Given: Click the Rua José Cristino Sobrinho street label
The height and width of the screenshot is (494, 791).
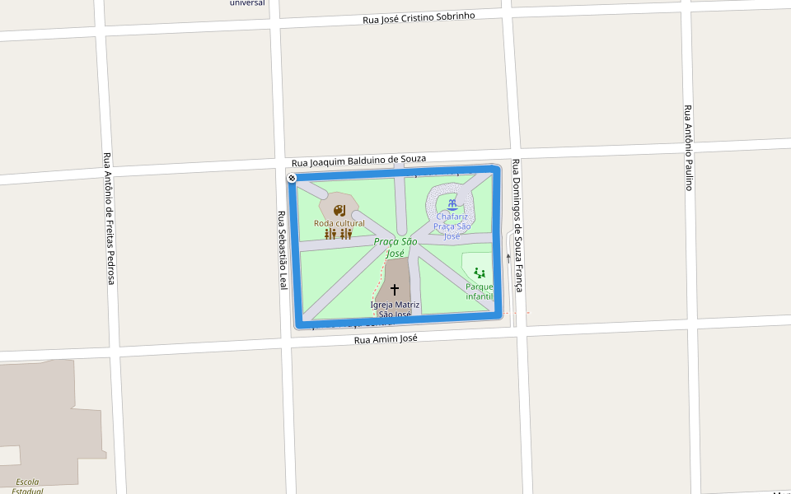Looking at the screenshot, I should (419, 17).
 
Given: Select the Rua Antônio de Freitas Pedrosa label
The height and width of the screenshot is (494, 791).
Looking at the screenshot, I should (108, 219).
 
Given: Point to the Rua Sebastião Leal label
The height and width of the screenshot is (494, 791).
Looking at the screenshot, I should (283, 250).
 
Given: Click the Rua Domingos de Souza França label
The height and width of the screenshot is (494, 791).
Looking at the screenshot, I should (517, 226).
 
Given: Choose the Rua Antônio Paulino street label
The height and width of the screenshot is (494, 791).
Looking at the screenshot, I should (688, 147).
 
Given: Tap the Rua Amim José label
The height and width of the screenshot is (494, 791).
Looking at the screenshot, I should (386, 338).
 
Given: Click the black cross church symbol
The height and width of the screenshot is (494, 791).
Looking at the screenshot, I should (395, 290).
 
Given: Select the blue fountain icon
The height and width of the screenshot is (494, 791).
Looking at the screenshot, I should (452, 203).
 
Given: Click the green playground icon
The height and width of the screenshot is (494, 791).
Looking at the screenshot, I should (480, 273).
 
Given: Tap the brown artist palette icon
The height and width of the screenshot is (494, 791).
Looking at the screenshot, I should (339, 211).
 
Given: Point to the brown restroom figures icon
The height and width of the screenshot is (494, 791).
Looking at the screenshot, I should (339, 234).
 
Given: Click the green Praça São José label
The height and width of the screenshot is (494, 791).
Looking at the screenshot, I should (395, 247).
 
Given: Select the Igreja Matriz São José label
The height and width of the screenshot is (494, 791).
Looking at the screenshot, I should (395, 309).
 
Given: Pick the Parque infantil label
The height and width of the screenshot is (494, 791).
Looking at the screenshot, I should (479, 291).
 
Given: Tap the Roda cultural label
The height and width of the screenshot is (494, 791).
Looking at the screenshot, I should (339, 223).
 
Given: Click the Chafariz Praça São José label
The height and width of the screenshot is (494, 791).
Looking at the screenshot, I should (453, 226).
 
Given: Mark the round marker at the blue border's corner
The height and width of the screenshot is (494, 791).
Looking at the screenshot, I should (292, 178).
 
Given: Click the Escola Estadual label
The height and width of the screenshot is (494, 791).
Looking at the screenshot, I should (28, 486).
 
